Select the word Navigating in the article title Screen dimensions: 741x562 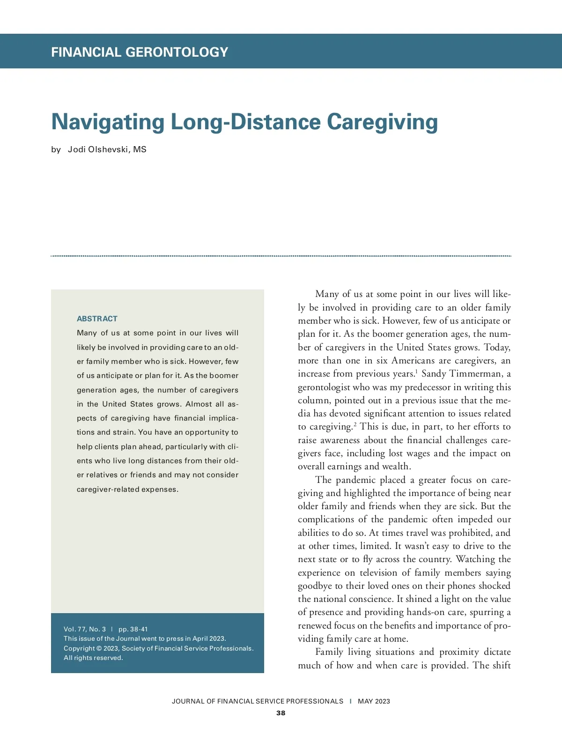click(108, 122)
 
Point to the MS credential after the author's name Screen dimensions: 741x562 click(140, 149)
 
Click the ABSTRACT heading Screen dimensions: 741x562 click(97, 319)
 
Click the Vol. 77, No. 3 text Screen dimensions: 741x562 click(85, 629)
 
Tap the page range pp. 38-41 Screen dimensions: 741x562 click(133, 629)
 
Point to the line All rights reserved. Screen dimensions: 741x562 click(93, 658)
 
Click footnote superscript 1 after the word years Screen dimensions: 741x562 click(416, 371)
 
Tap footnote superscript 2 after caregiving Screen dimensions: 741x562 click(355, 424)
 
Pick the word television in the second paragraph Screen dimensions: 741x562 click(380, 573)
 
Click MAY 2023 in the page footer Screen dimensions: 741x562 click(374, 701)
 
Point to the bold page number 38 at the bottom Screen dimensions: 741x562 click(281, 713)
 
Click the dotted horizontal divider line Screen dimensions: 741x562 click(281, 256)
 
